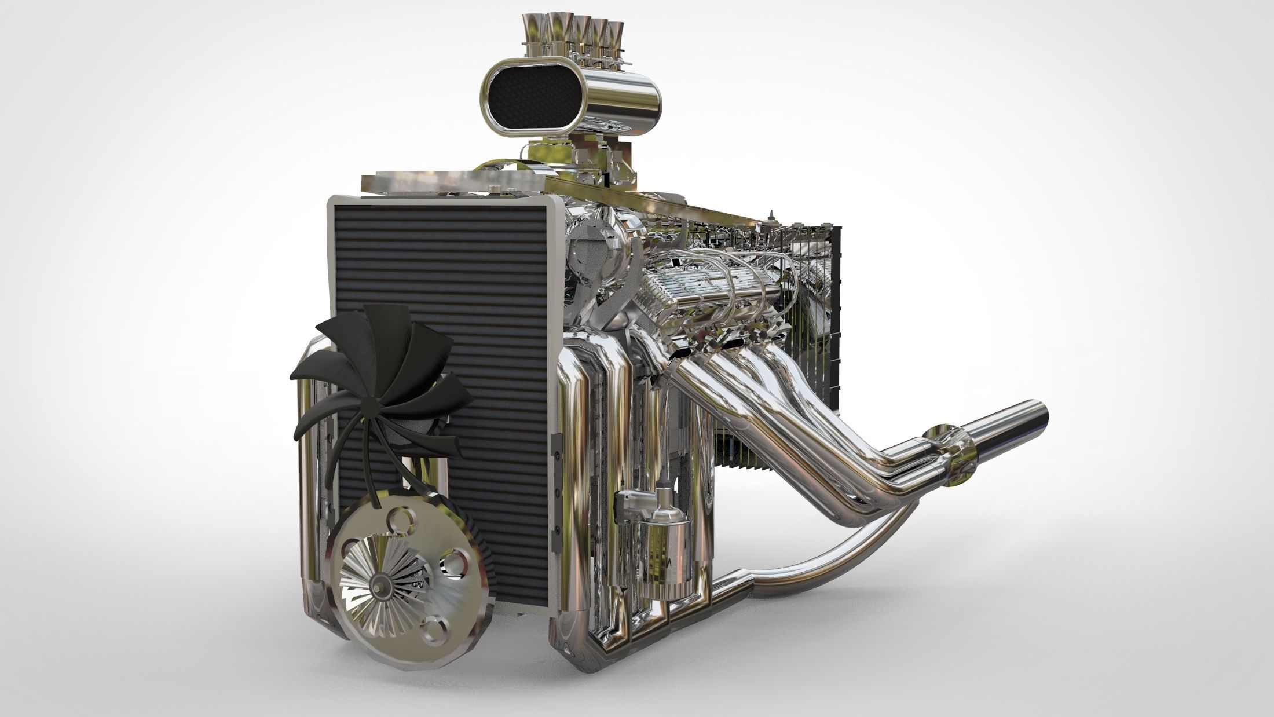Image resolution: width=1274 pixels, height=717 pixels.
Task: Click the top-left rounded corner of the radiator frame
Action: point(335,200)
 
